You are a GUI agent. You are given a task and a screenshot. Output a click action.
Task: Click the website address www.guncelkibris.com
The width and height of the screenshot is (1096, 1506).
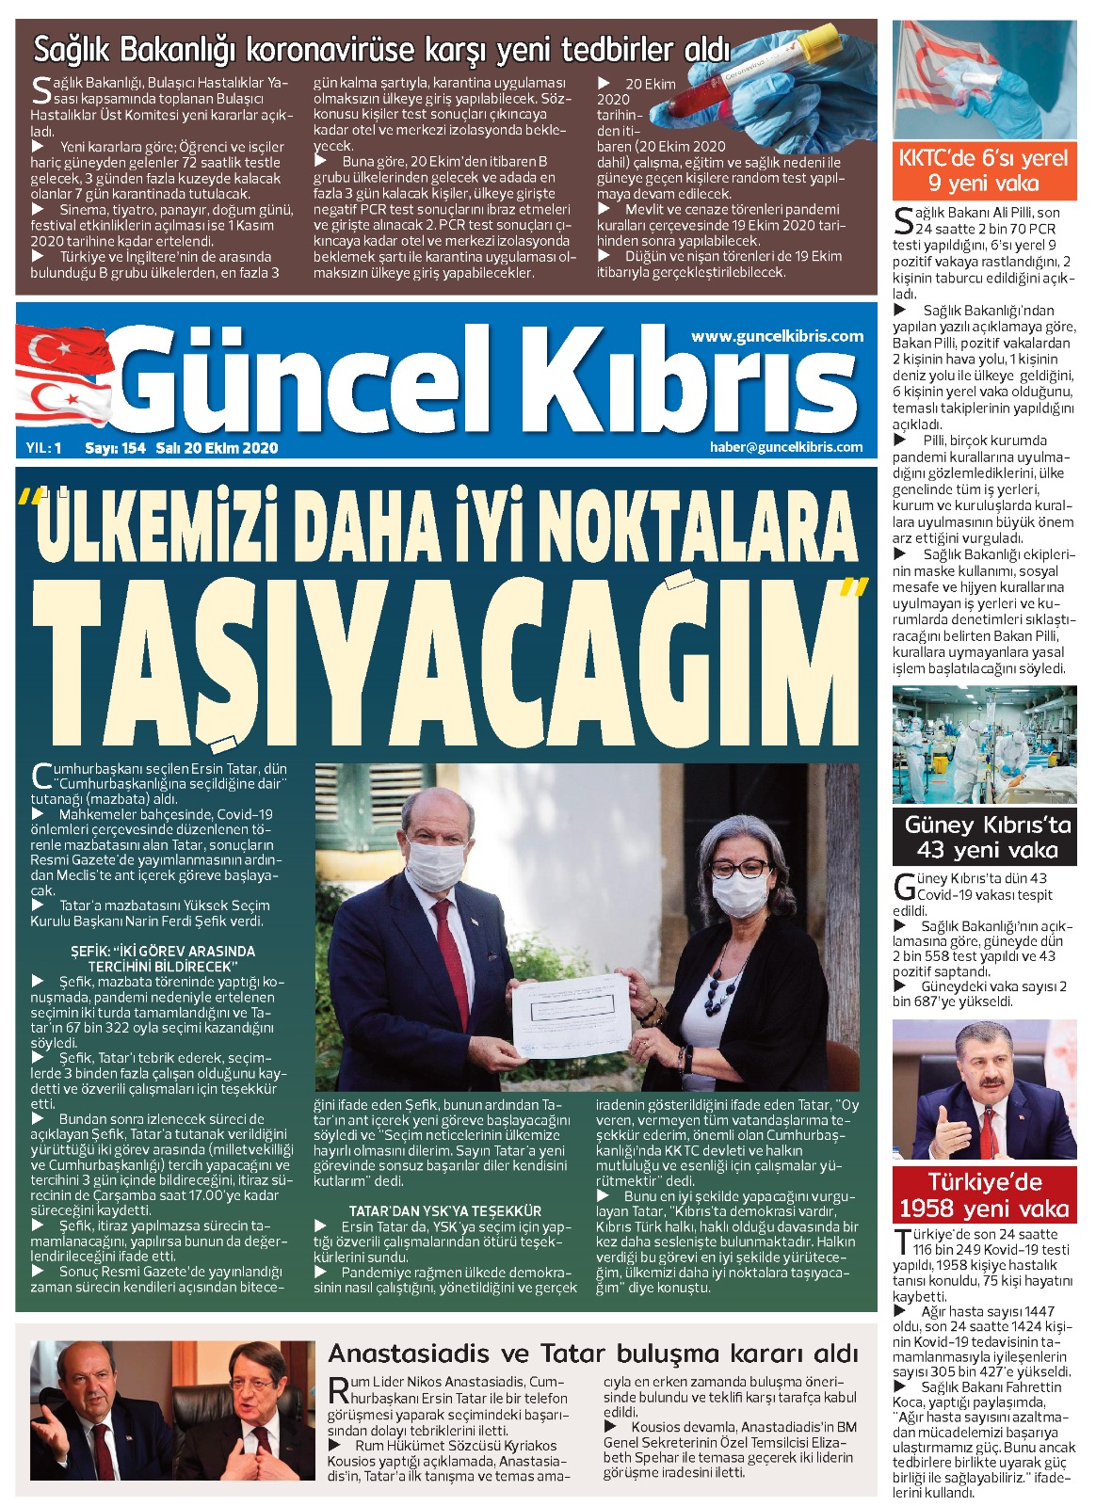(777, 336)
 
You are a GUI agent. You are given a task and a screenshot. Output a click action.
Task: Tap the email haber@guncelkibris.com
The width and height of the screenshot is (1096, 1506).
(785, 447)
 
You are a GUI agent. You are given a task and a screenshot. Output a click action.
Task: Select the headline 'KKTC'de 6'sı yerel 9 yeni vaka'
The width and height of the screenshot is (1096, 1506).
(983, 170)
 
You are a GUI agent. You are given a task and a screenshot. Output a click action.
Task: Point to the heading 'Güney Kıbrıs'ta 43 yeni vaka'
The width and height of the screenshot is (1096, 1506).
(987, 838)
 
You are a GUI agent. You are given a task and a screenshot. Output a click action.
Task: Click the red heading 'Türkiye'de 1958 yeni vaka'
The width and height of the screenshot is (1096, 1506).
(984, 1195)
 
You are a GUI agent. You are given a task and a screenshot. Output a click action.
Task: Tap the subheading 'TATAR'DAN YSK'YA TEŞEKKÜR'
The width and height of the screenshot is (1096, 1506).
(444, 1210)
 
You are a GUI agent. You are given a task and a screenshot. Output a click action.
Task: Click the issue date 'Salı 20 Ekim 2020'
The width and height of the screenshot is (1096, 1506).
(218, 448)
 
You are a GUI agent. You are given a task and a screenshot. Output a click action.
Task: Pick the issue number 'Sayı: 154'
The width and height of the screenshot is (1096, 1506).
(115, 448)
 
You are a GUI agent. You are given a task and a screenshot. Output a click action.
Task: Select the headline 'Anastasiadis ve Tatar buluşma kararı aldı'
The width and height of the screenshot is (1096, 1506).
(592, 1354)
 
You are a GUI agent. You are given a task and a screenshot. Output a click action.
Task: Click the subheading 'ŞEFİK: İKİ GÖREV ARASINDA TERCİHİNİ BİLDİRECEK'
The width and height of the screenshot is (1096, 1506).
(162, 958)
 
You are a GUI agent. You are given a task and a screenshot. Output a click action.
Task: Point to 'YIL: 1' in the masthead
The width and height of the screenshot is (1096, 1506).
(44, 448)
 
